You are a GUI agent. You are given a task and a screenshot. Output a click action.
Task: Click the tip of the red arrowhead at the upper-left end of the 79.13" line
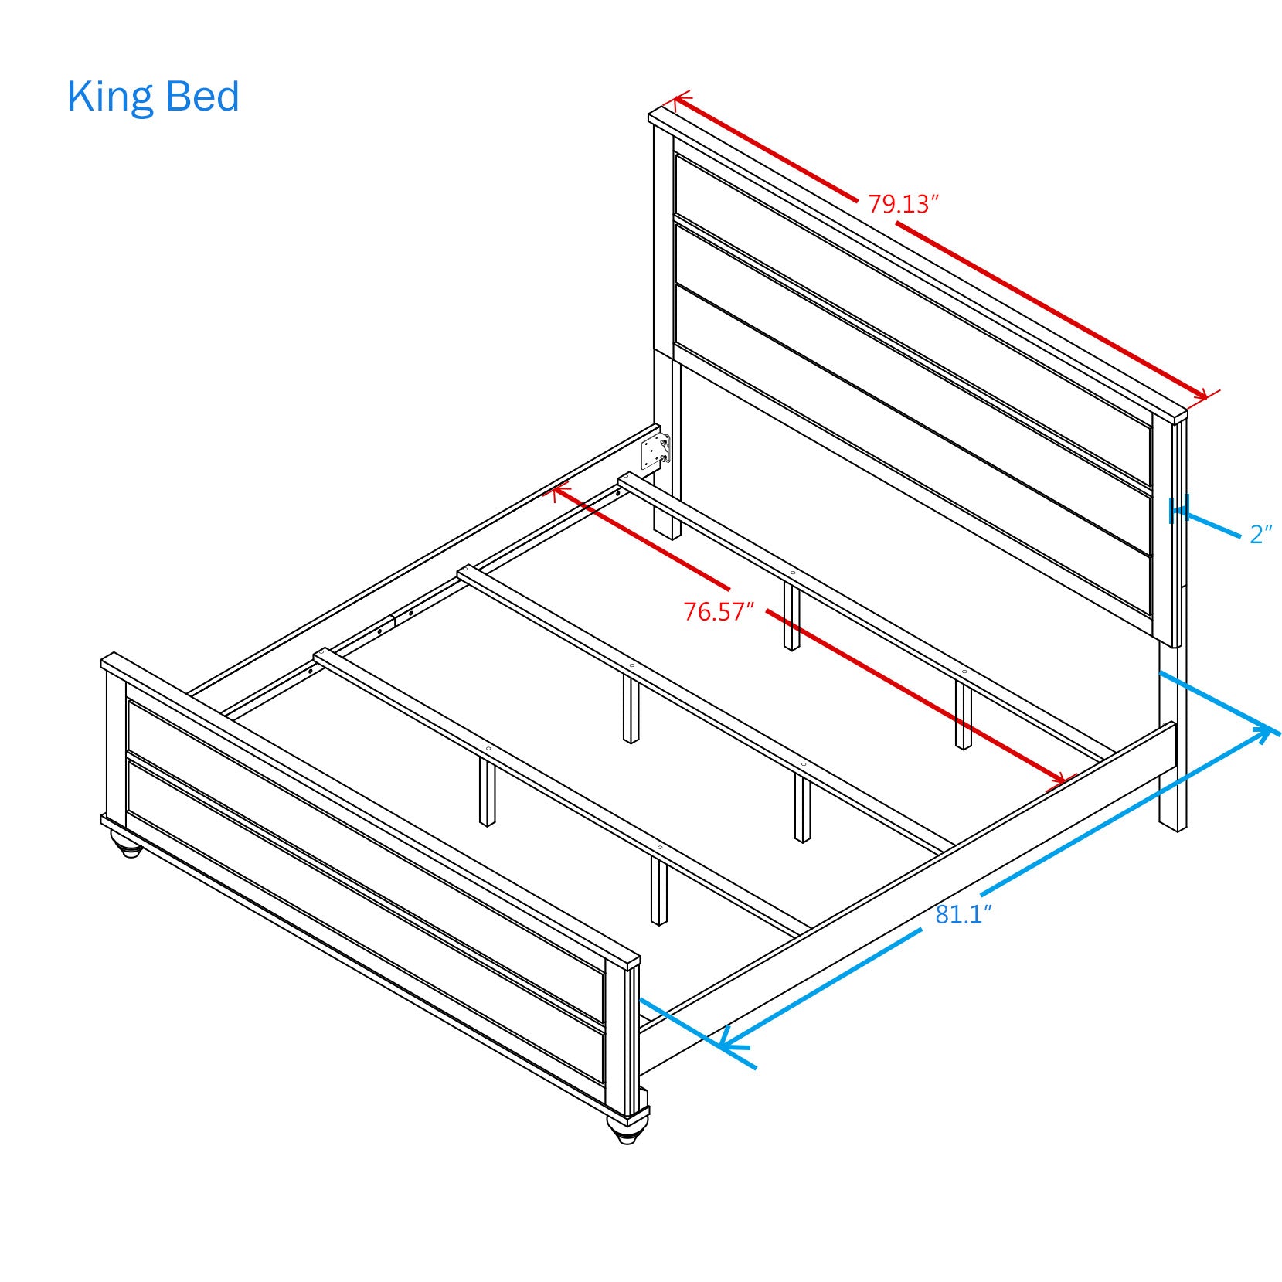pyautogui.click(x=675, y=99)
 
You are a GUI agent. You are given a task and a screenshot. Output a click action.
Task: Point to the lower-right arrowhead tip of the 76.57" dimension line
pyautogui.click(x=1066, y=782)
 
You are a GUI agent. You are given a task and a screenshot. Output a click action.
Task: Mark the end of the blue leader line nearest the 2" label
pyautogui.click(x=1239, y=536)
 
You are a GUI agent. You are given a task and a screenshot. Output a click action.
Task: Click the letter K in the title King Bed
pyautogui.click(x=79, y=97)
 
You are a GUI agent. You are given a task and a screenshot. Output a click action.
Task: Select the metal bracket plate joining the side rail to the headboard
pyautogui.click(x=655, y=451)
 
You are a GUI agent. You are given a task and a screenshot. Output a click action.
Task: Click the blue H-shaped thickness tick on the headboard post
pyautogui.click(x=1178, y=509)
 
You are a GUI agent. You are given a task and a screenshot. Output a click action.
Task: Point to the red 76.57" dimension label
pyautogui.click(x=719, y=612)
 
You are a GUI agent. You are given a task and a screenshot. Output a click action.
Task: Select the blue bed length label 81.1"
pyautogui.click(x=964, y=915)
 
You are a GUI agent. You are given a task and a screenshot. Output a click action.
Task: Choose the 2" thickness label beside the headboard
pyautogui.click(x=1261, y=534)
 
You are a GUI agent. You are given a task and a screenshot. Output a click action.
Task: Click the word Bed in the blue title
pyautogui.click(x=203, y=97)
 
